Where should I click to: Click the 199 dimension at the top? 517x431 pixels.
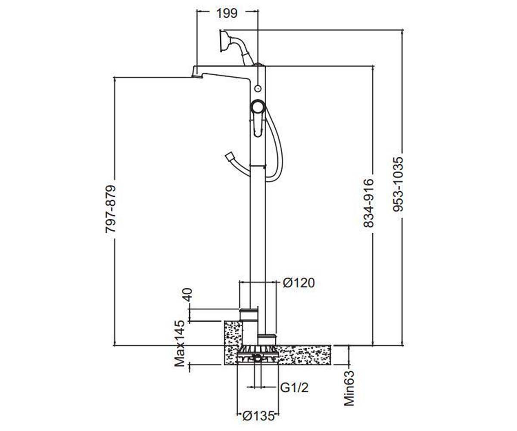click(x=227, y=13)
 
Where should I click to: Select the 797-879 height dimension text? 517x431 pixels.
click(x=110, y=209)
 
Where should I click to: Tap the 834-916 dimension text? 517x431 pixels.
click(x=368, y=203)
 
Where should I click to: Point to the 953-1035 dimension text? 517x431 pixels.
click(x=398, y=184)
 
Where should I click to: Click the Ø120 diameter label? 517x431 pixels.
click(x=299, y=283)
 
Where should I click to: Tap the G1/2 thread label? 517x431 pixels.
click(x=294, y=387)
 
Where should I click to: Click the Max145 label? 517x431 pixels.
click(x=180, y=344)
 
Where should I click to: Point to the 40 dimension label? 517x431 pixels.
click(x=188, y=294)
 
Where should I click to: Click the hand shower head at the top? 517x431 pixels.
click(x=225, y=41)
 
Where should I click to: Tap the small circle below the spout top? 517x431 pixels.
click(x=258, y=88)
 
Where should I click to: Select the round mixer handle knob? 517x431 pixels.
click(x=258, y=107)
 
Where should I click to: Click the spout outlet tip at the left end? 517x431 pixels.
click(x=197, y=76)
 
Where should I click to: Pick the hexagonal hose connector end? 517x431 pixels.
click(x=229, y=156)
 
